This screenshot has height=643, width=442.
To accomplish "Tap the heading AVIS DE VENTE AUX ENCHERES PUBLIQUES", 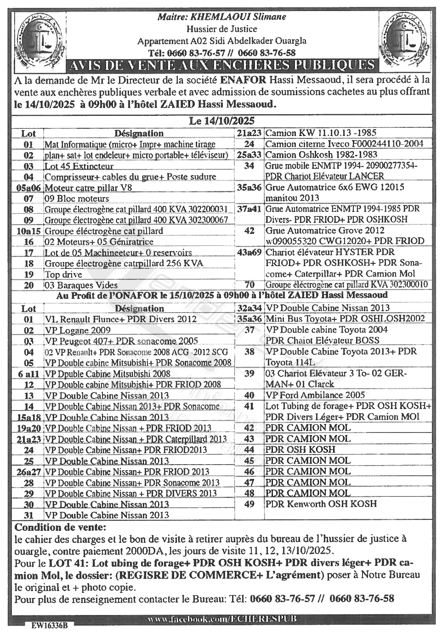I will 221,64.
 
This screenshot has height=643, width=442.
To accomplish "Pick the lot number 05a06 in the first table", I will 28,188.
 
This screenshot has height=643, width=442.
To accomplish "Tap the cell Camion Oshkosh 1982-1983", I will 322,155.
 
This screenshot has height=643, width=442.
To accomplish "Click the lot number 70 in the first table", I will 249,285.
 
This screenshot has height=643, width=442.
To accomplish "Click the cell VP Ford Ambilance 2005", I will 315,395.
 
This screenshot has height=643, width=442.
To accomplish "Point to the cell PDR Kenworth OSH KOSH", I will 321,504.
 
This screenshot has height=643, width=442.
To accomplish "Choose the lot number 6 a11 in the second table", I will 28,374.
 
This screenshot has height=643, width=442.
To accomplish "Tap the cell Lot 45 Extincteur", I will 79,166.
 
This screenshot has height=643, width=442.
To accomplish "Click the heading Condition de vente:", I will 60,527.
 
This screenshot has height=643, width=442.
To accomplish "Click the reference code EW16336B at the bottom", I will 49,626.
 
